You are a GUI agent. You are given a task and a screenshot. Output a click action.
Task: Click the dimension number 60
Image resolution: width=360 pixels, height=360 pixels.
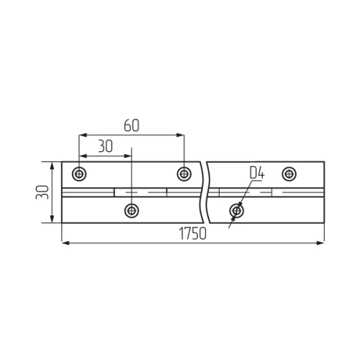coord(132,125)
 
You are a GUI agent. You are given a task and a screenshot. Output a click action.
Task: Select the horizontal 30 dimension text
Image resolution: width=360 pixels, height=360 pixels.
coord(105,146)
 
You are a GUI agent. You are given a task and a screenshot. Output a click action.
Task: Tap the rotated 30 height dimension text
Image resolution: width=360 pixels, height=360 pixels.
coord(42,192)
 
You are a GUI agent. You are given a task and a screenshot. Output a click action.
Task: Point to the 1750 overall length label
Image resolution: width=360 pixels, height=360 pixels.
coord(192,233)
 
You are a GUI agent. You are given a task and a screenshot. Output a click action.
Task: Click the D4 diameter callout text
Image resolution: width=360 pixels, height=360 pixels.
coord(257,173)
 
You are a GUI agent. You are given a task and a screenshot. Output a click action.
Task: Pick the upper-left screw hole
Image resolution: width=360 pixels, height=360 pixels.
coord(79,174)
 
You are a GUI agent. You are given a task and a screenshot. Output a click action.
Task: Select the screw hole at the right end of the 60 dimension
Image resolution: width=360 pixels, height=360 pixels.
coord(184,174)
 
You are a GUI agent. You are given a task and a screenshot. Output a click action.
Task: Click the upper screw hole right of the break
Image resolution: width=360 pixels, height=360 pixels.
coord(289,174)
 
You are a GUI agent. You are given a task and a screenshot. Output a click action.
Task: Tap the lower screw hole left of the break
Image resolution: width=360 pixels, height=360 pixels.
coord(132,211)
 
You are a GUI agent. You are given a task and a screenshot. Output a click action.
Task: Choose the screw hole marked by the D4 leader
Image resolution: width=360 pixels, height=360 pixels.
coord(237,211)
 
